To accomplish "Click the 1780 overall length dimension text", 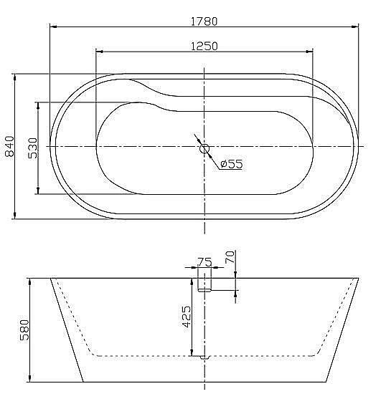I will [204, 21].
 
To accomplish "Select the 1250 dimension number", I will [204, 46].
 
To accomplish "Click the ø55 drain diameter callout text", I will [231, 163].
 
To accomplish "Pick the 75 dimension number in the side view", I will [204, 262].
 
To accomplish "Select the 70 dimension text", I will [230, 258].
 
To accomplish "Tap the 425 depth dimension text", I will [186, 316].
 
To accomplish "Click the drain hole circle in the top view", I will [204, 149].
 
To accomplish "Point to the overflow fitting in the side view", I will [204, 281].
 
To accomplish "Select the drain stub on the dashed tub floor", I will [204, 356].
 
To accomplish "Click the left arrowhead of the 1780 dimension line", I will [54, 27].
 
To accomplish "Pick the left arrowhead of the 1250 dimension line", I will [100, 52].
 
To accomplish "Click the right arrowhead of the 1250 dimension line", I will [309, 52].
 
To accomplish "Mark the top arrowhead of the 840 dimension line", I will [15, 77].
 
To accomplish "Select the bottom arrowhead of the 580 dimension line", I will [29, 378].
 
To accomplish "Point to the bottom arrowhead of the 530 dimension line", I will [37, 191].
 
